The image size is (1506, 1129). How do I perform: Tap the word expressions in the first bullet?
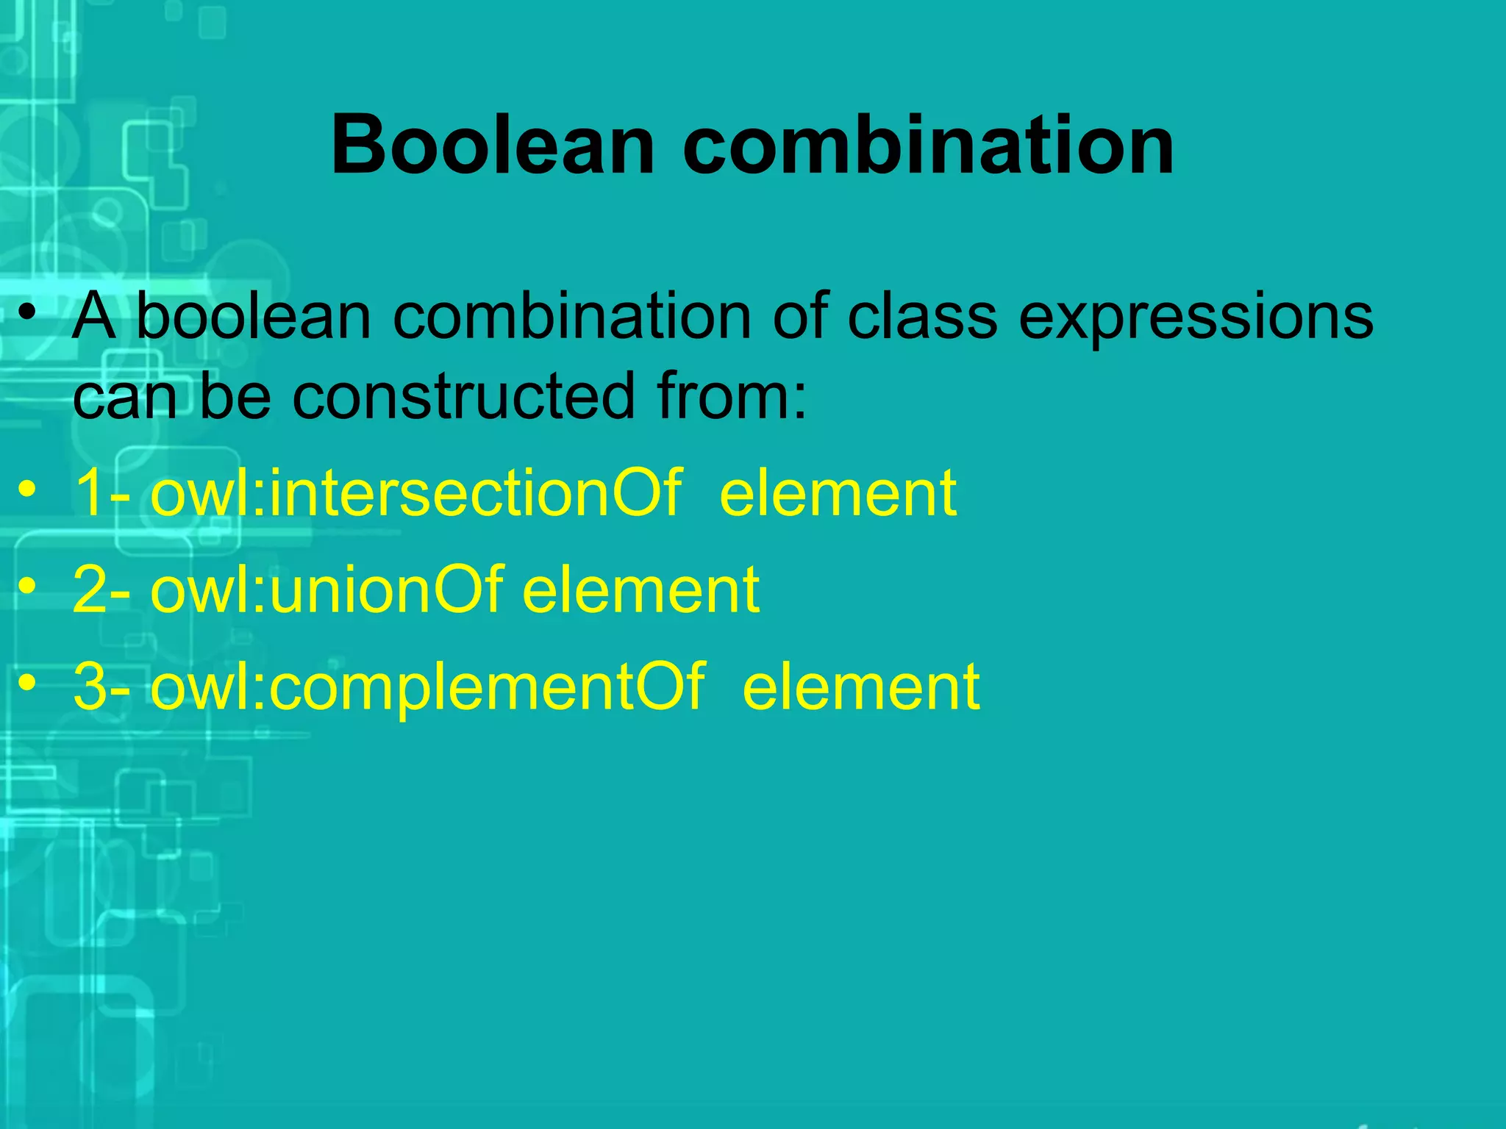1196,318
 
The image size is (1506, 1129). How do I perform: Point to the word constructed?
463,397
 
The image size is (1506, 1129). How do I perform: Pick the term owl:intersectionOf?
415,493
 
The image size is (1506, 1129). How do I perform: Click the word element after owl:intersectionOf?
838,493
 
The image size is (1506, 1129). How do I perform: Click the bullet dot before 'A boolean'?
28,315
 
